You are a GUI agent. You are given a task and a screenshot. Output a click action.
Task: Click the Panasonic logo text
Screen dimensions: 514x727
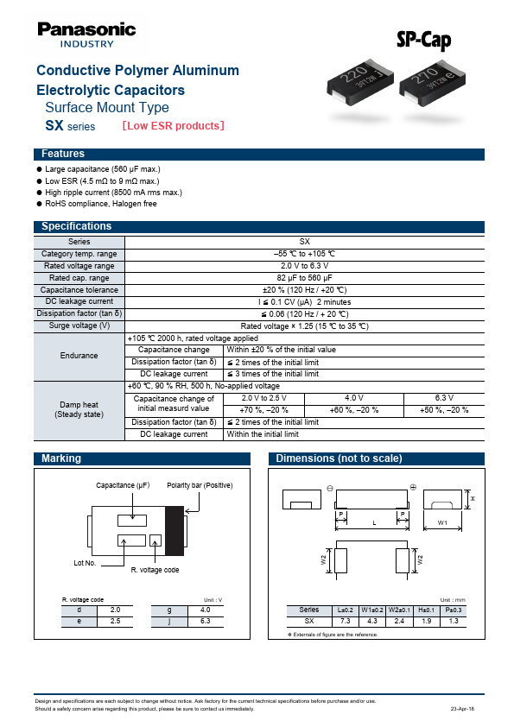(x=86, y=29)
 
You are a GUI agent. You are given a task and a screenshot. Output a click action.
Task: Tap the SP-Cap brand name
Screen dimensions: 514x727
(x=423, y=40)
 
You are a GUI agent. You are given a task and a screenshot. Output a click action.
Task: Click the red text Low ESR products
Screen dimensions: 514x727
(x=174, y=126)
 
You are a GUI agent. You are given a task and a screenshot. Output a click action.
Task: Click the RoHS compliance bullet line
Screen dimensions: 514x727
(x=100, y=204)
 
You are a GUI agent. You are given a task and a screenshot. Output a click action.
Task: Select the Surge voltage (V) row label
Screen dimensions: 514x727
(x=79, y=326)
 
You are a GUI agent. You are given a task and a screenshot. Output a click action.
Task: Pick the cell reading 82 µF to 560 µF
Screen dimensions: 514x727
(x=304, y=278)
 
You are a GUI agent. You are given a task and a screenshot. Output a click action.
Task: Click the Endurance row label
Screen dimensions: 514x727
(x=79, y=356)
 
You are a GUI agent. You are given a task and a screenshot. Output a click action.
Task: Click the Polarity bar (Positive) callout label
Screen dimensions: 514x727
(x=200, y=485)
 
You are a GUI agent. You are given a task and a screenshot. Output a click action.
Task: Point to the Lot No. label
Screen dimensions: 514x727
(x=85, y=562)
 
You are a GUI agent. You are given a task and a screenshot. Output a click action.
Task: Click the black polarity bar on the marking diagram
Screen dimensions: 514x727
(x=175, y=530)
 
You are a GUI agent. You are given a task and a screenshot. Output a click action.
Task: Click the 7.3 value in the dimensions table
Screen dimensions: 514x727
(x=345, y=621)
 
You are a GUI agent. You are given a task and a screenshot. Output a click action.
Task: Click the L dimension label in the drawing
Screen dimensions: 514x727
(x=373, y=523)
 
